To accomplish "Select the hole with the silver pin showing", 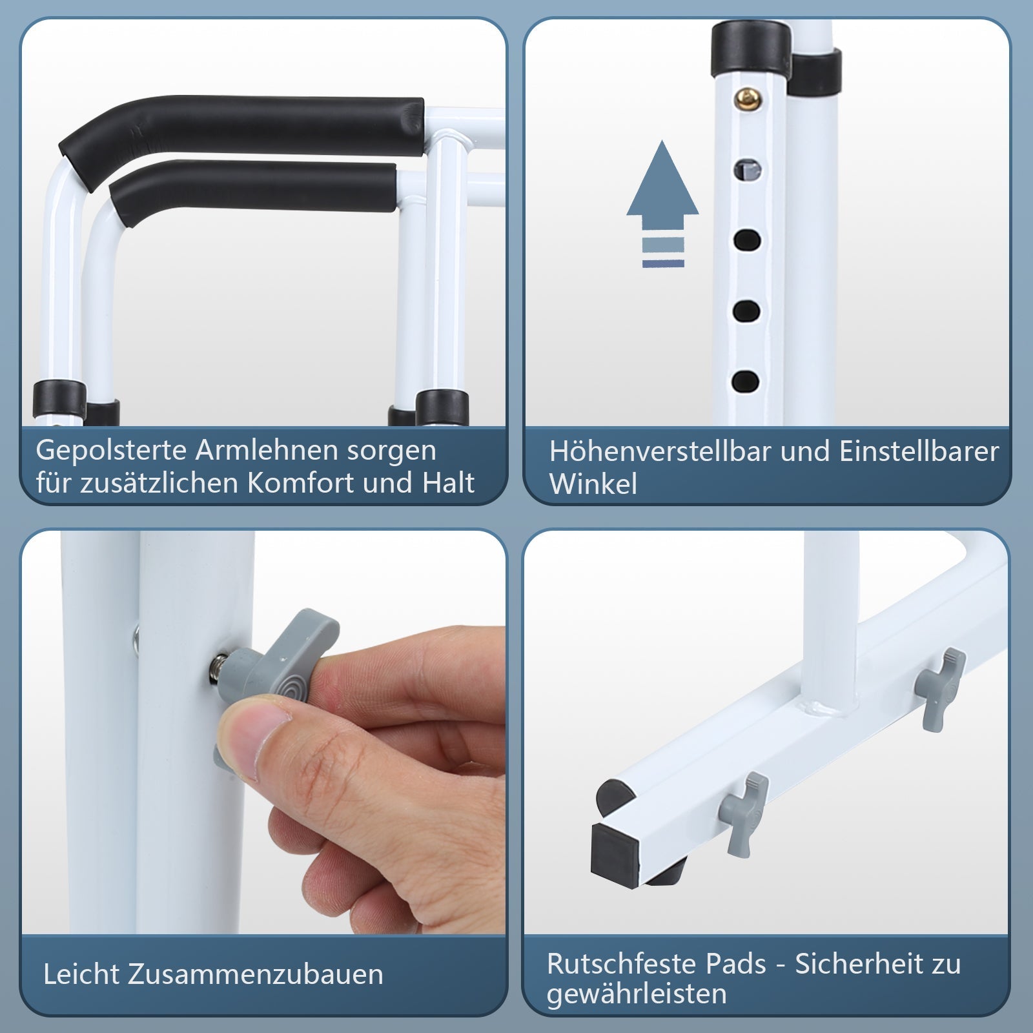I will pyautogui.click(x=747, y=169).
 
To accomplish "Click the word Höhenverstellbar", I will pyautogui.click(x=659, y=452).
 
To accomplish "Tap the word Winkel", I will pyautogui.click(x=593, y=484).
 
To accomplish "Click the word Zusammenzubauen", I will pyautogui.click(x=255, y=974).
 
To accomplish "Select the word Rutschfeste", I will pyautogui.click(x=620, y=965).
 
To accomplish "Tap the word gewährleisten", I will pyautogui.click(x=636, y=994).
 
